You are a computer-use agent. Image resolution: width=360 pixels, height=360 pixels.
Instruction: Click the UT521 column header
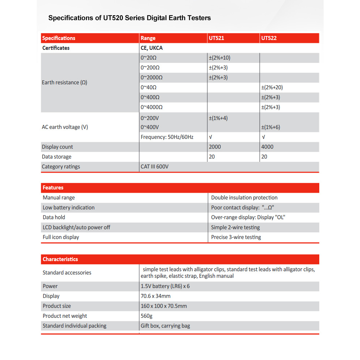pos(216,38)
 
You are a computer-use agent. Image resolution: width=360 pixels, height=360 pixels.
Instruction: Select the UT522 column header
pos(269,38)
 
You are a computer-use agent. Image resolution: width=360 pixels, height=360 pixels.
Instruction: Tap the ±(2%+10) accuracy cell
pos(219,58)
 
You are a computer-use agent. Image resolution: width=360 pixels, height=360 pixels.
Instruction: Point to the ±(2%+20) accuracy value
pos(272,88)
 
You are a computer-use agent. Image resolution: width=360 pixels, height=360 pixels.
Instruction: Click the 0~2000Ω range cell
pos(151,77)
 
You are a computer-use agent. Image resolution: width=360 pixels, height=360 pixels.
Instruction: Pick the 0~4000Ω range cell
pos(151,107)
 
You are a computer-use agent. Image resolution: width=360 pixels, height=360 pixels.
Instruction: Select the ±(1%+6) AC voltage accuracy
pos(271,127)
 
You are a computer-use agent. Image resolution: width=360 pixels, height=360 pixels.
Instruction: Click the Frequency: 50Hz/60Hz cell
pos(167,137)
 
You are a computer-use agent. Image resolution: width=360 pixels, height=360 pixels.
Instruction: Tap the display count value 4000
pos(267,147)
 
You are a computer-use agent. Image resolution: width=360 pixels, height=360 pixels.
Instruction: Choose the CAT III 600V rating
pos(155,167)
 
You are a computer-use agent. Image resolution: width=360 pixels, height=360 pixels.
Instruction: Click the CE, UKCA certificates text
pos(152,48)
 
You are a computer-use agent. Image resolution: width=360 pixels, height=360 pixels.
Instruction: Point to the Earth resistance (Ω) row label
pos(64,83)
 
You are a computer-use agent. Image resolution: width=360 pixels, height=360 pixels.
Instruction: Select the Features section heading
pos(53,188)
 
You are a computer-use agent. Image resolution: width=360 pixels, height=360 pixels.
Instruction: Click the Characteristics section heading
pos(60,259)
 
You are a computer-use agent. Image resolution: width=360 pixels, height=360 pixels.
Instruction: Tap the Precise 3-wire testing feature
pos(236,237)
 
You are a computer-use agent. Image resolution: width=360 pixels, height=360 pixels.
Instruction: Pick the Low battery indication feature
pos(68,208)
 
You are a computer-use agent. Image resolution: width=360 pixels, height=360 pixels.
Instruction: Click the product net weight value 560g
pos(147,316)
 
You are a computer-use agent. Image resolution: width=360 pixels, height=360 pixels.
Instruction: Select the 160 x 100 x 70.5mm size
pos(164,306)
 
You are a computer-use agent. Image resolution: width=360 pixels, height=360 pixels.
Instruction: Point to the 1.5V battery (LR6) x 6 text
pos(165,286)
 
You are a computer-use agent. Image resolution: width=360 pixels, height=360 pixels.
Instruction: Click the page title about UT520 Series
pos(129,18)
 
